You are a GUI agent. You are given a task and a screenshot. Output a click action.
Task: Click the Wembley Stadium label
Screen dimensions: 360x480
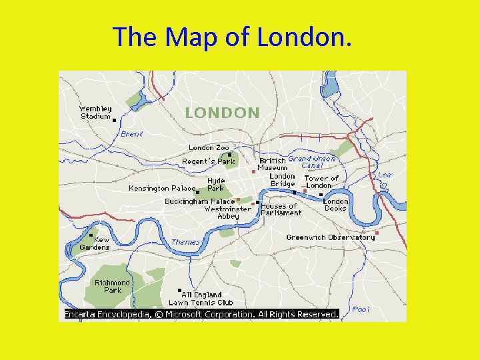(95, 113)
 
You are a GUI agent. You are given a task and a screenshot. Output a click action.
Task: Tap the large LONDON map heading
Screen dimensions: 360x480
(222, 113)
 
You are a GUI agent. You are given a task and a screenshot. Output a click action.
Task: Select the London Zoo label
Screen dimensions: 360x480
(209, 147)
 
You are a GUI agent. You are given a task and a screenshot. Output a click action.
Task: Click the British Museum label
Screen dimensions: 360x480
(273, 164)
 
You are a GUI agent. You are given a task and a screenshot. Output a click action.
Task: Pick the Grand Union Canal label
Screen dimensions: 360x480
(312, 162)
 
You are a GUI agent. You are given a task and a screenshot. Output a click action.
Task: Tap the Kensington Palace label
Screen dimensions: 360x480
(158, 188)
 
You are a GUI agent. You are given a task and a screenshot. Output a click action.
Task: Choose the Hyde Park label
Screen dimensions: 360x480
(216, 184)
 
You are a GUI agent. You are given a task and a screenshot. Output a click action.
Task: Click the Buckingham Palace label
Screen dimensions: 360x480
(200, 201)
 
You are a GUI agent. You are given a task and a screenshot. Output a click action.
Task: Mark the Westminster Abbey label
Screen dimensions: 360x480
(227, 212)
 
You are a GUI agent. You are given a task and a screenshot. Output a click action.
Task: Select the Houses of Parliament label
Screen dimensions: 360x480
(281, 209)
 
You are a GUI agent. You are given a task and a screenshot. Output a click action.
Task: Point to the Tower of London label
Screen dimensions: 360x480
(321, 181)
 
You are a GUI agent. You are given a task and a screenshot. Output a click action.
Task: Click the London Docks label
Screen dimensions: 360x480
(335, 205)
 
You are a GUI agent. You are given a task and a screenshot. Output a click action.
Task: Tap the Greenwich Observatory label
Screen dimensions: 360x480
(330, 237)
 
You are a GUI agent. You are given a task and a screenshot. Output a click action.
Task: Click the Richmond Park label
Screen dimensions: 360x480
(112, 286)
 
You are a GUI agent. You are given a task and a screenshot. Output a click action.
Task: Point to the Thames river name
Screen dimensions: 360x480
(185, 242)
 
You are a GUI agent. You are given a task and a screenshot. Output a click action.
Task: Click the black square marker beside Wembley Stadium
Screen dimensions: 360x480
(114, 121)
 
